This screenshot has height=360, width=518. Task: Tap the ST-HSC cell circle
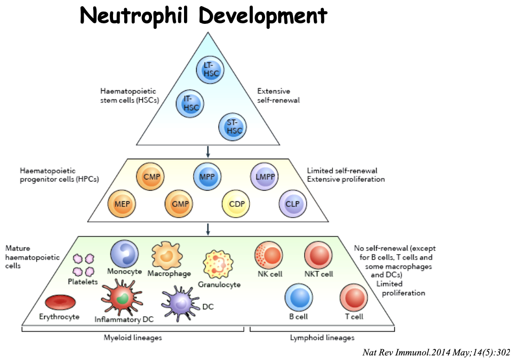click(233, 127)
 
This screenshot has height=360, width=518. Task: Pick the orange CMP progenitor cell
click(151, 177)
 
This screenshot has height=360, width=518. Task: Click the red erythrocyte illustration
click(60, 303)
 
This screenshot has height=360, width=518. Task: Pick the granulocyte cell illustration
click(218, 264)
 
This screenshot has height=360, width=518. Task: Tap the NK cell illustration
click(269, 255)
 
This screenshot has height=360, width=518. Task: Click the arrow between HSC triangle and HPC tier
click(208, 151)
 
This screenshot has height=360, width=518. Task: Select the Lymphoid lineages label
click(322, 337)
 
